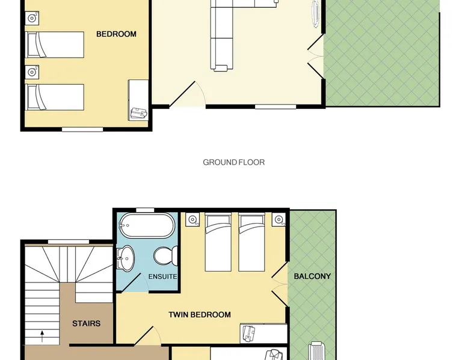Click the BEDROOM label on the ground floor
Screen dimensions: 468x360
pos(116,34)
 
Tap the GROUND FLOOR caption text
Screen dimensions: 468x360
pos(234,162)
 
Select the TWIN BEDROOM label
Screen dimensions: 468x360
pos(199,315)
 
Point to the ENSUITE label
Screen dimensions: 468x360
pos(162,277)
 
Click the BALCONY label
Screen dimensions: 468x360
pos(312,276)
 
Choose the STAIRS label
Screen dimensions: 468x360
pos(86,323)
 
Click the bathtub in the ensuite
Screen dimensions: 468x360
pos(146,225)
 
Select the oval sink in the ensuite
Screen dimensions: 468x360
pos(125,258)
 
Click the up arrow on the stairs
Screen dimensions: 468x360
pos(42,336)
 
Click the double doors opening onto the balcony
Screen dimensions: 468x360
pos(280,284)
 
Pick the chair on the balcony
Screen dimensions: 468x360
pos(316,351)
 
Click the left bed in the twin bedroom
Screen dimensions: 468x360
pos(218,242)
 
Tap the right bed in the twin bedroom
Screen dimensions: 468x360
pos(251,242)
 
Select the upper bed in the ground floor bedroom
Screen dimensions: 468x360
pos(55,44)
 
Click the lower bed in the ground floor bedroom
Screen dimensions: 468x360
pos(55,97)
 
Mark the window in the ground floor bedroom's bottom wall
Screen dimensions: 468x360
pos(82,129)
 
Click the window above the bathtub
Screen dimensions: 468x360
pos(145,210)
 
